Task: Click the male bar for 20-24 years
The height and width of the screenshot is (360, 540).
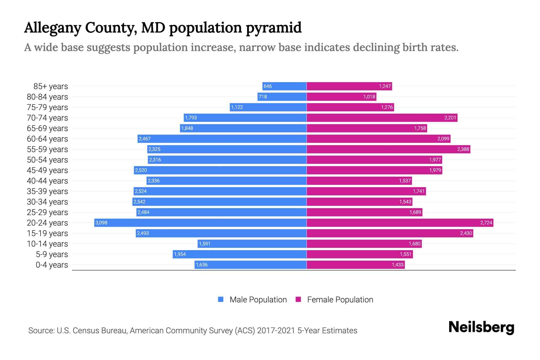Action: point(200,223)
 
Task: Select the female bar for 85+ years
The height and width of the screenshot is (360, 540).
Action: point(349,86)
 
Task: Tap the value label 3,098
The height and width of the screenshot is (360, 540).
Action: point(101,223)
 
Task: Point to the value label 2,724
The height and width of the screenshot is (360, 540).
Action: point(486,223)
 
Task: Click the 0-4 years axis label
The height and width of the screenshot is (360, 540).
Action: point(52,265)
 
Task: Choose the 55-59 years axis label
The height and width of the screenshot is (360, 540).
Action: point(47,149)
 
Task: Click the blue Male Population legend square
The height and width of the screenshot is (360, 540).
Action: point(221,299)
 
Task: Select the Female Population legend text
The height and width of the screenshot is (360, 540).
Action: point(340,300)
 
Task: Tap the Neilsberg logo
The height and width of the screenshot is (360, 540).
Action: point(481,327)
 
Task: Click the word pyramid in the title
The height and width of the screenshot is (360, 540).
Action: point(273,28)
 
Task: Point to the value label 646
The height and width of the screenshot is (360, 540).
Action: point(267,86)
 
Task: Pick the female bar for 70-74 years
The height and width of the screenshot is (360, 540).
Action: point(382,118)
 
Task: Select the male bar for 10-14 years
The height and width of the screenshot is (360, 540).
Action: point(252,244)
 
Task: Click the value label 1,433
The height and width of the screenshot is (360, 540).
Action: point(397,265)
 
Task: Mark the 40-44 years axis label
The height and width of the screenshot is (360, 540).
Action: point(47,181)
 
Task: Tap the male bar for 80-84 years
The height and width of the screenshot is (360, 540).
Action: point(282,97)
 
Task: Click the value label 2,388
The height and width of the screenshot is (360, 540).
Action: point(463,149)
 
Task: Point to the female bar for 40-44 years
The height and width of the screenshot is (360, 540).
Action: point(359,181)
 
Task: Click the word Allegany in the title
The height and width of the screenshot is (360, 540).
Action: point(52,28)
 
